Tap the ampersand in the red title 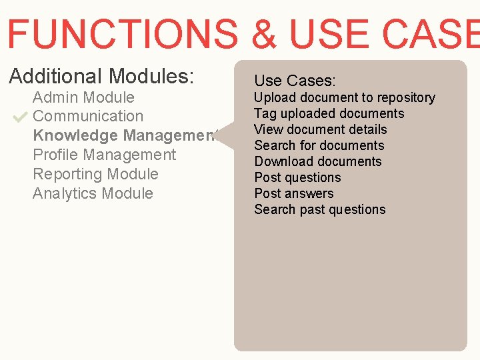(x=265, y=33)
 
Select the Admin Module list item (x=83, y=97)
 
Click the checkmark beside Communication (x=19, y=117)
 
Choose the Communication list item (x=88, y=116)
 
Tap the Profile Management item (x=104, y=155)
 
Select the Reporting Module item (x=95, y=174)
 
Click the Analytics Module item (x=93, y=193)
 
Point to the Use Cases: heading (x=295, y=81)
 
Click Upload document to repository (x=344, y=97)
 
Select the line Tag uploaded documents (x=329, y=113)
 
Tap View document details (x=320, y=129)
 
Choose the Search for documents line (x=319, y=145)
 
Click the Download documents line (x=317, y=161)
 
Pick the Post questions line (x=297, y=177)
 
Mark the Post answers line (x=293, y=193)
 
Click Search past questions (x=319, y=209)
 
